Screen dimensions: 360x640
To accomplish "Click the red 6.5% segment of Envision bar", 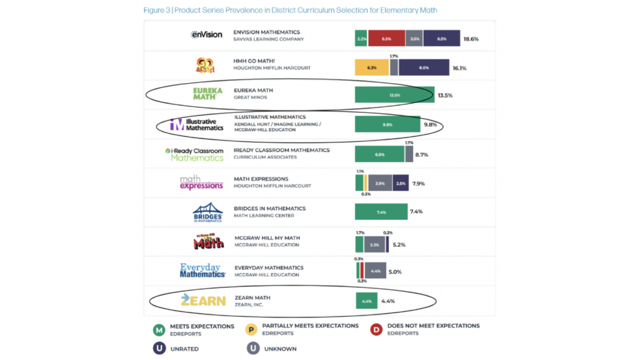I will point(386,38).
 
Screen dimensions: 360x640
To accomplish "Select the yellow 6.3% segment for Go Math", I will point(372,67).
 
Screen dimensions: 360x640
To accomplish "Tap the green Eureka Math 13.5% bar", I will point(394,95).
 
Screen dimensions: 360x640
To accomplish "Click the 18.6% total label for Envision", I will point(471,39).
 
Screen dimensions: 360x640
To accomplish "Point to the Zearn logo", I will point(203,301).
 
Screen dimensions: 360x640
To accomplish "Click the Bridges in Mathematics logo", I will point(207,213).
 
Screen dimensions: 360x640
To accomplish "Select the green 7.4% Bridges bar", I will point(381,212).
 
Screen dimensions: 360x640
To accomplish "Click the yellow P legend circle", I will point(252,330).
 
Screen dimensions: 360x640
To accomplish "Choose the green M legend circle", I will point(159,330).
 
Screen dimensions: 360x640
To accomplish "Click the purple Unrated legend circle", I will point(159,349).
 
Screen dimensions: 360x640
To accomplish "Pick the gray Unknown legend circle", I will point(252,349).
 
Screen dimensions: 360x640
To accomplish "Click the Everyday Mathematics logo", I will point(202,271).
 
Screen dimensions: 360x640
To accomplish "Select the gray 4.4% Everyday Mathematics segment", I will point(376,271).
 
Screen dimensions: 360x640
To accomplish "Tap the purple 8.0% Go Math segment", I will point(424,67).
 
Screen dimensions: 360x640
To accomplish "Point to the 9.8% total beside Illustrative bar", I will point(431,124).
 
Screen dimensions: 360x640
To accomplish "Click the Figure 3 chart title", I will point(290,10).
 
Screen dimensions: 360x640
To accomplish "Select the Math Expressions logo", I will point(201,182).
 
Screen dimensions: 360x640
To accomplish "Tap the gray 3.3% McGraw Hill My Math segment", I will point(374,244).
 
